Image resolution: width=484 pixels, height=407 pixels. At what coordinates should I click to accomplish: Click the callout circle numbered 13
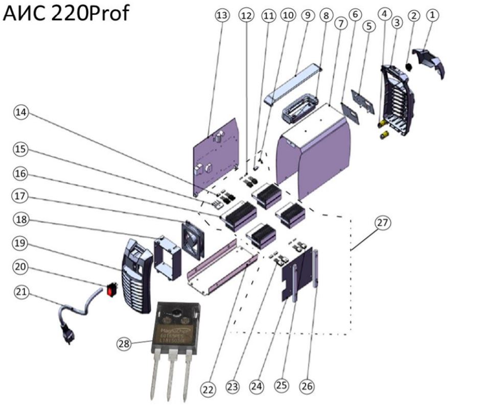(x=221, y=16)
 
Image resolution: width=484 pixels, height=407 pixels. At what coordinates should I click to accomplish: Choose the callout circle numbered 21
(x=21, y=292)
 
